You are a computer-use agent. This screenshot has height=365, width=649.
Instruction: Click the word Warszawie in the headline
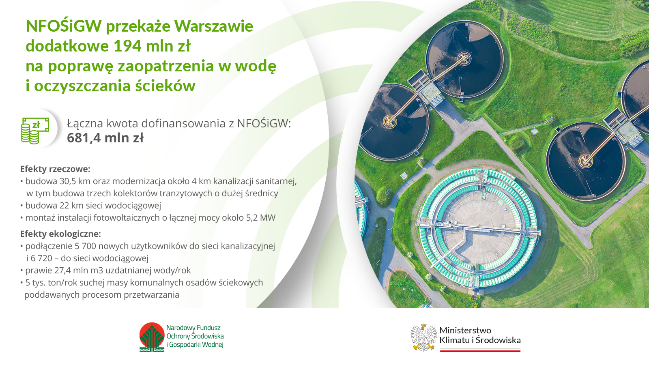coord(214,26)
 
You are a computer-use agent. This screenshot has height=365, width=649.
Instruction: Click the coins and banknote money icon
coord(35,130)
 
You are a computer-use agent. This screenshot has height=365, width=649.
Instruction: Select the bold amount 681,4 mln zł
coord(105,138)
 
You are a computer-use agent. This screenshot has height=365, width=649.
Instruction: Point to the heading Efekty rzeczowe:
coord(55,169)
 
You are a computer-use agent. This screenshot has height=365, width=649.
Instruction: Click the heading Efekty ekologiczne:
coord(60,234)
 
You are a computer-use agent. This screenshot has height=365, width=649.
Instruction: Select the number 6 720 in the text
coord(41,258)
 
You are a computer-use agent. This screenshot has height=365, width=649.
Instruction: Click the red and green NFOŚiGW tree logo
coord(152,337)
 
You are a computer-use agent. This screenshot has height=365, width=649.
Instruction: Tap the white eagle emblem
coord(423,337)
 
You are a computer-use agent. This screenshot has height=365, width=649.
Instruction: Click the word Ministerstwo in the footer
coord(465,330)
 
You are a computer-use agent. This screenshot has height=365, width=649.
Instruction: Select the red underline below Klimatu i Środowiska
coord(480,350)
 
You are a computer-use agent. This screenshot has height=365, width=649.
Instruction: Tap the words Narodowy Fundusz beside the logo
coord(193,328)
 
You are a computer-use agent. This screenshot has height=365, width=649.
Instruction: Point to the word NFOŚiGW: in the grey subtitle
coord(264,124)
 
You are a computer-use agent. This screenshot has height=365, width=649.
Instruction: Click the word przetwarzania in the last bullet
coord(151,295)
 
